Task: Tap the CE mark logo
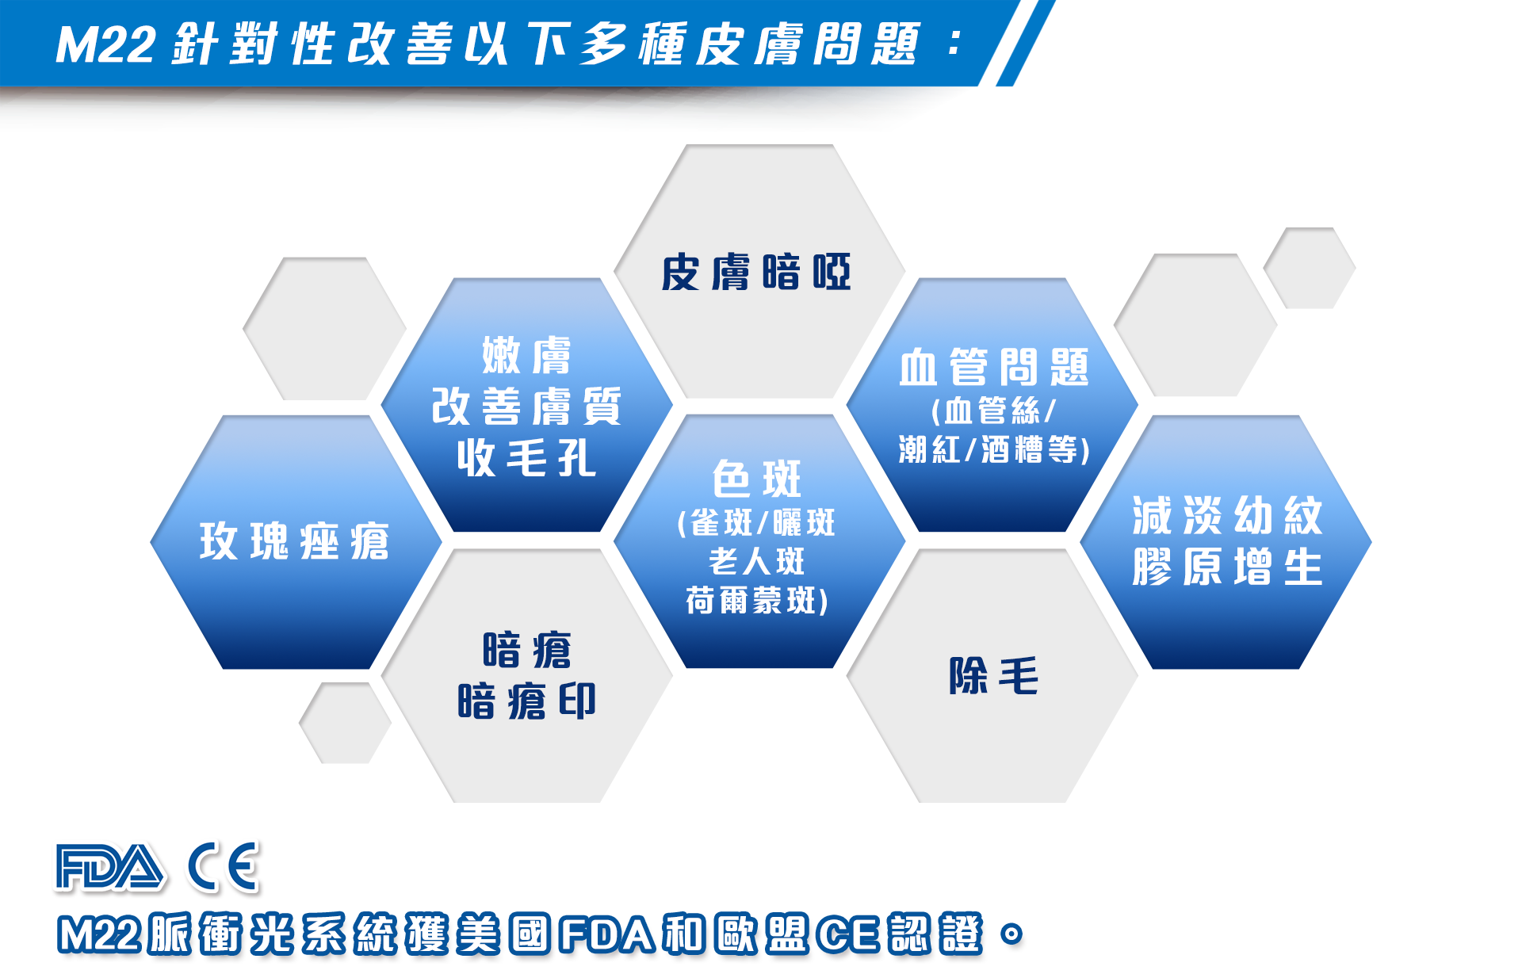click(x=224, y=866)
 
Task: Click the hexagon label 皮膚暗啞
click(x=756, y=273)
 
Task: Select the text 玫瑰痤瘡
click(x=294, y=541)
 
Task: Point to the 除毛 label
click(x=993, y=676)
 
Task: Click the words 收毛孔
click(x=526, y=458)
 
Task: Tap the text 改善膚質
click(x=526, y=407)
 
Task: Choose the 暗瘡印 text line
click(x=526, y=701)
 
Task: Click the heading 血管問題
click(x=993, y=367)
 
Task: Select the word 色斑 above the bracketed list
click(x=756, y=479)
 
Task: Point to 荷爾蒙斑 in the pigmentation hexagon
click(x=756, y=601)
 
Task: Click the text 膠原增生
click(x=1227, y=567)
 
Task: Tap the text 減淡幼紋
click(x=1227, y=516)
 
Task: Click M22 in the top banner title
click(x=105, y=44)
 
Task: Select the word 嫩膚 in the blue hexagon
click(x=526, y=355)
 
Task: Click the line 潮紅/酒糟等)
click(x=993, y=449)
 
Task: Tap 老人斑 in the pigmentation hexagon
click(x=756, y=562)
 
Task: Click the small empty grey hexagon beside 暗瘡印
click(x=345, y=723)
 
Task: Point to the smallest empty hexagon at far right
click(x=1310, y=268)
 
